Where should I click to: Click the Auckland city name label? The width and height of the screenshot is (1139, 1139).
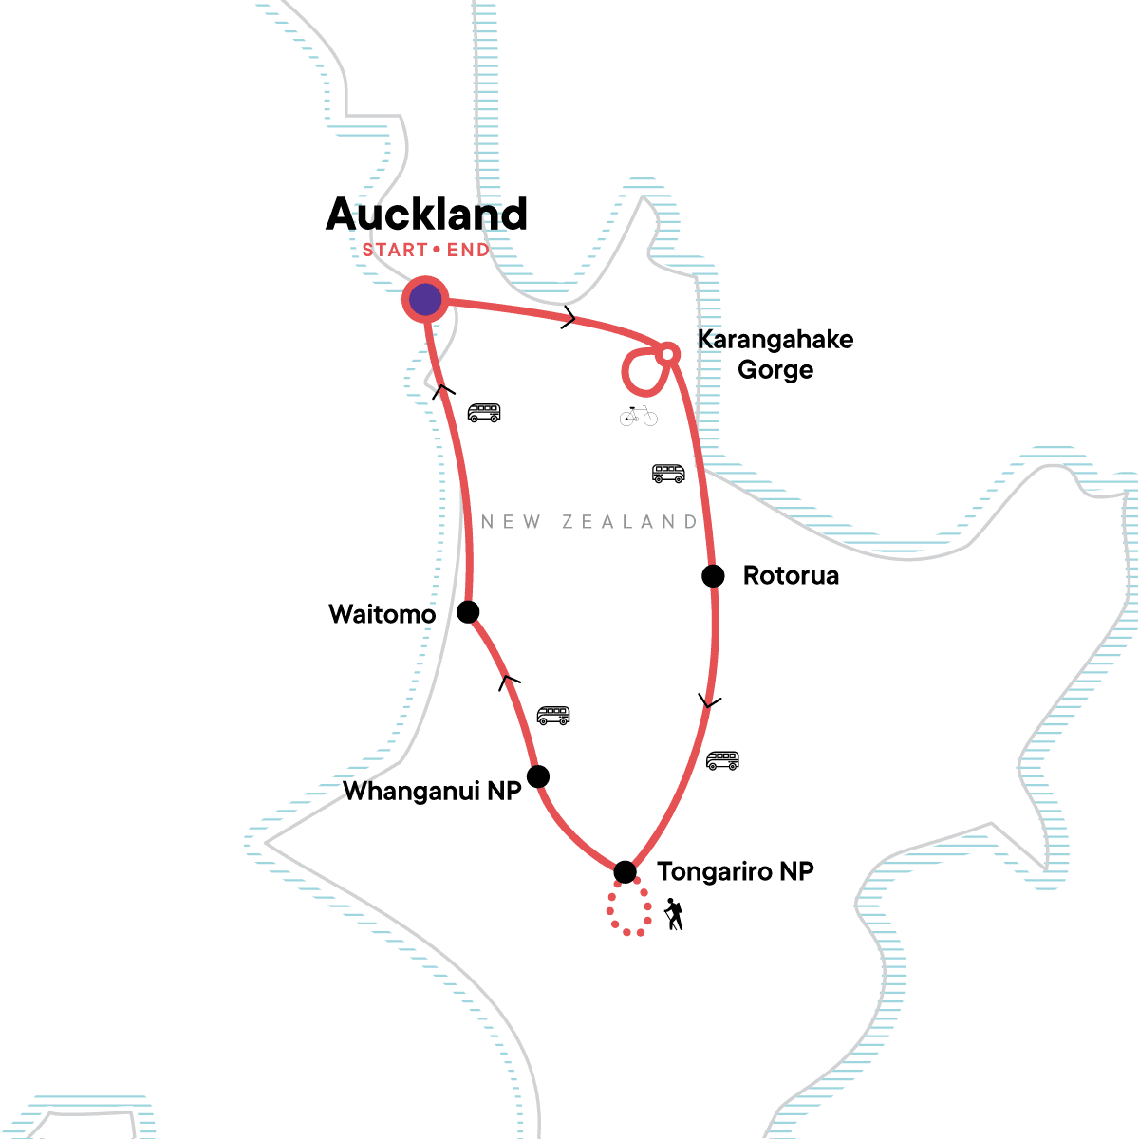point(426,215)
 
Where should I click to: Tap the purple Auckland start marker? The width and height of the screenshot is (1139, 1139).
point(425,299)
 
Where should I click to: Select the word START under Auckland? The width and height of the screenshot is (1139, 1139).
point(395,251)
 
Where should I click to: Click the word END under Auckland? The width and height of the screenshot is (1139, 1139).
point(468,251)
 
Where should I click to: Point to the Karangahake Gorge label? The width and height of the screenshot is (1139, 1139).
point(775,354)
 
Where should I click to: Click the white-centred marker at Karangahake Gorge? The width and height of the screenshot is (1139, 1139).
point(667,354)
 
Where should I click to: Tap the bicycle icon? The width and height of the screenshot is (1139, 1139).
point(638,416)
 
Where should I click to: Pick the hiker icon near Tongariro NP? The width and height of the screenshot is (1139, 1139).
point(674,914)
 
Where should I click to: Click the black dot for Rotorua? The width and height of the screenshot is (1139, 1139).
point(713,575)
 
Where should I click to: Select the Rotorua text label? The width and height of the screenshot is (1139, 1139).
point(791,576)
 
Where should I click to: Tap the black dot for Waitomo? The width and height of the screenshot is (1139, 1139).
point(468,611)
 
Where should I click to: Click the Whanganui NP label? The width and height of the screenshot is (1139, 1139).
point(432,792)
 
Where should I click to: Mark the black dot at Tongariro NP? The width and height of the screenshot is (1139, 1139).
point(625,871)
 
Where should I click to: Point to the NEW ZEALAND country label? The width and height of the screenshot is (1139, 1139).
point(589,522)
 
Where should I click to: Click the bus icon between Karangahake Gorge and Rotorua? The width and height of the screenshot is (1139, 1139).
point(668,473)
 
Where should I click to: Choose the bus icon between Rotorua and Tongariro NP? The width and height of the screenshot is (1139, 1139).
point(722,760)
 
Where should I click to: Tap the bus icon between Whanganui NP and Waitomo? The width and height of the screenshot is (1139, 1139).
point(553,715)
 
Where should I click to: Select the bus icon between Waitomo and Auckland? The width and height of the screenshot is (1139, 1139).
point(484,413)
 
